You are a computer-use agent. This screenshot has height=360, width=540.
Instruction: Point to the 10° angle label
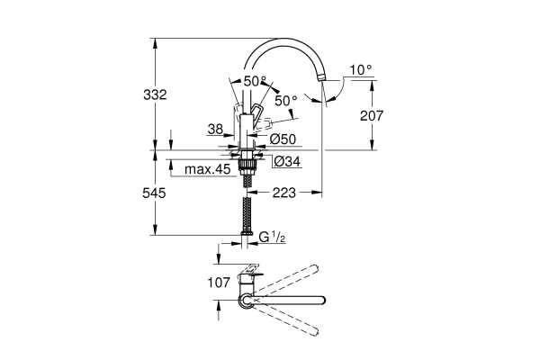point(360,69)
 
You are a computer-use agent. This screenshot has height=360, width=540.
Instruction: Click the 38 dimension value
point(215,130)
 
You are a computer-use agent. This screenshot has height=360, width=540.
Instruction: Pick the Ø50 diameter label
point(282,139)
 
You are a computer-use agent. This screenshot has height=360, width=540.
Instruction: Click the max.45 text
point(207,169)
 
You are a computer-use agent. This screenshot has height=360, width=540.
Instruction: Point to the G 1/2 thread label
point(273,237)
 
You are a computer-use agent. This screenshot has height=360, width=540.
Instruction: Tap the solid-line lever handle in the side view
point(255,115)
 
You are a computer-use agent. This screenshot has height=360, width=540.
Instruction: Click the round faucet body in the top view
point(245,301)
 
